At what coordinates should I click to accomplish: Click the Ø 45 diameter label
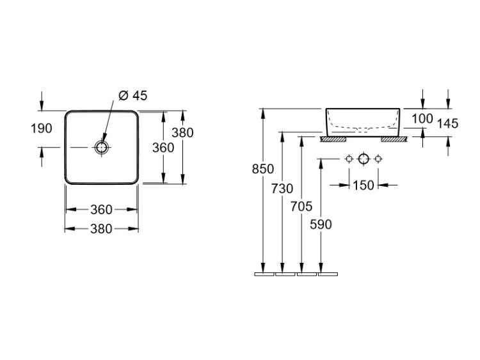(x=133, y=96)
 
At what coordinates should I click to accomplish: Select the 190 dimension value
(x=42, y=129)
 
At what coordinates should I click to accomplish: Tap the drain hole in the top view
(x=101, y=148)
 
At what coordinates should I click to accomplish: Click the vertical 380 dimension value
(x=182, y=133)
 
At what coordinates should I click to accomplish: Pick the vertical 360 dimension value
(x=163, y=148)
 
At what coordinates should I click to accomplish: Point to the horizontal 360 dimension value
(x=101, y=210)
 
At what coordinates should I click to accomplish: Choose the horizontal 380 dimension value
(x=101, y=229)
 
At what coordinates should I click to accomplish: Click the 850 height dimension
(x=263, y=169)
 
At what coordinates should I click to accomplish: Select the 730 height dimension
(x=282, y=189)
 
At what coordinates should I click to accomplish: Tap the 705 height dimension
(x=301, y=207)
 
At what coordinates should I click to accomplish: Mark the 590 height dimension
(x=321, y=224)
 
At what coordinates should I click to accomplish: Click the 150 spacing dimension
(x=364, y=185)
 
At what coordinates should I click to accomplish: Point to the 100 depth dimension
(x=422, y=119)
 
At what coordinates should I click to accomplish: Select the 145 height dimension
(x=447, y=123)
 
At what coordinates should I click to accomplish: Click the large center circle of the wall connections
(x=364, y=159)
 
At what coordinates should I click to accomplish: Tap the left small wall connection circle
(x=349, y=159)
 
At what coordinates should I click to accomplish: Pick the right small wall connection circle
(x=378, y=159)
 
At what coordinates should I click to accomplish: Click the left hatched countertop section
(x=333, y=139)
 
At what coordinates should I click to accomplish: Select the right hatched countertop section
(x=394, y=139)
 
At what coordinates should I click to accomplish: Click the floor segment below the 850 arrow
(x=264, y=274)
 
